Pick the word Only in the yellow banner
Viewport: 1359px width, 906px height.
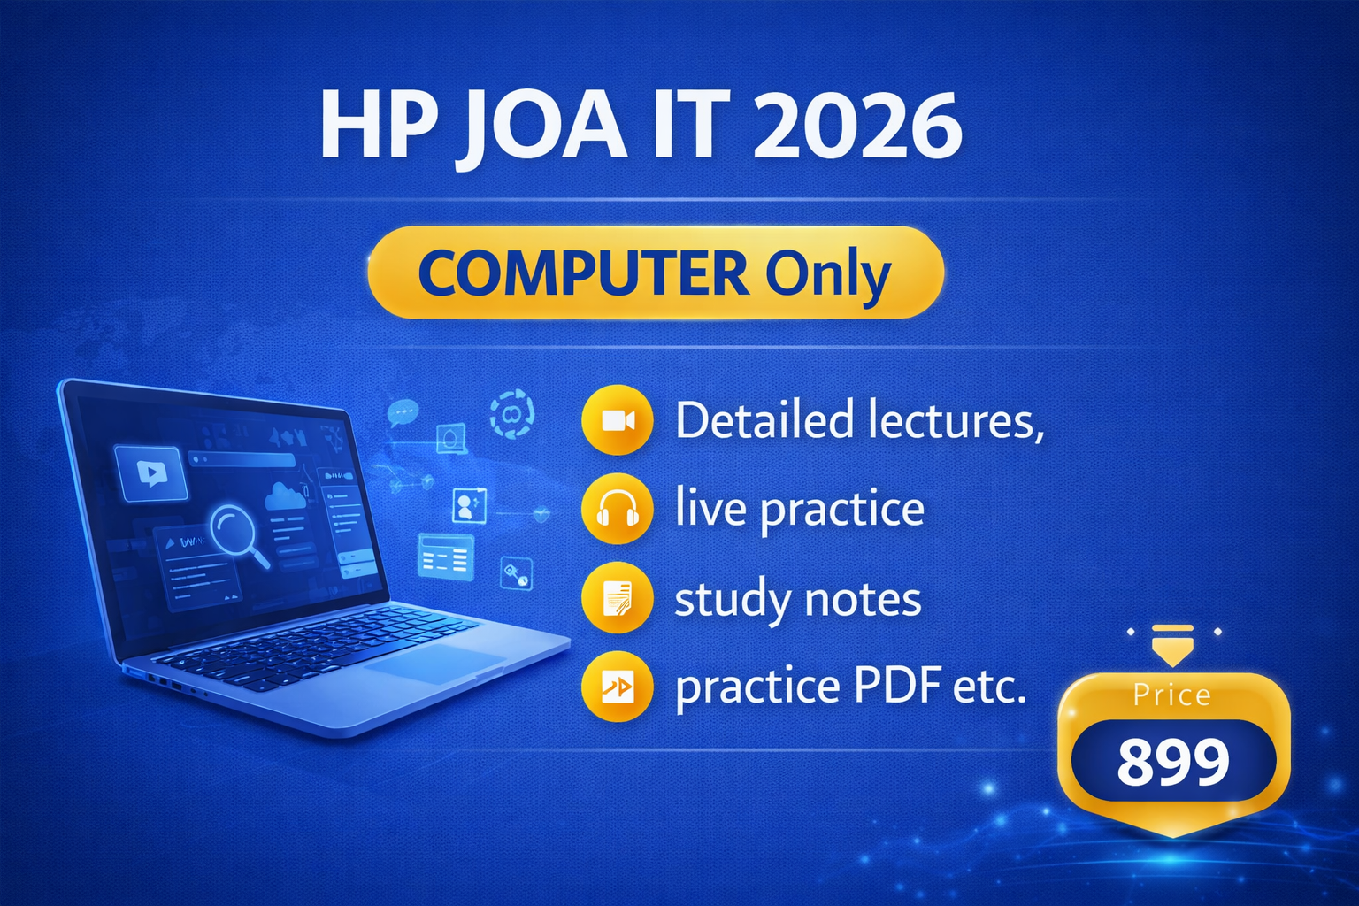coord(827,274)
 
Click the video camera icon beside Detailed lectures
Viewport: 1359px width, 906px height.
coord(618,420)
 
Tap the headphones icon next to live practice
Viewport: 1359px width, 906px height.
coord(618,509)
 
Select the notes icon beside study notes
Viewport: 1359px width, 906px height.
coord(618,598)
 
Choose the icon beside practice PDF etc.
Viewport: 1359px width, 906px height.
coord(618,686)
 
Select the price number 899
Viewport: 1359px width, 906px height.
coord(1173,762)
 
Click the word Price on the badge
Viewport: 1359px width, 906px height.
coord(1172,695)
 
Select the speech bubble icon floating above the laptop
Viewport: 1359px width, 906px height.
coord(403,412)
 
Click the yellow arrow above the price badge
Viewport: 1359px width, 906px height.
coord(1172,646)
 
